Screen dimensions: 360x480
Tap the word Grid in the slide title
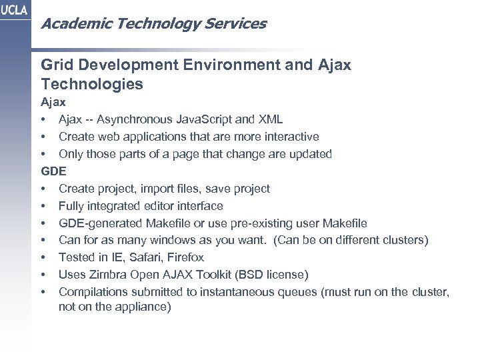(x=56, y=67)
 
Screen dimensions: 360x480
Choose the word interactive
(x=289, y=136)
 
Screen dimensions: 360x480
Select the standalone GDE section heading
(x=53, y=171)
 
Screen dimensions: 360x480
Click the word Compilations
(x=91, y=292)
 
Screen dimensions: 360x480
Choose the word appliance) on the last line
(x=145, y=307)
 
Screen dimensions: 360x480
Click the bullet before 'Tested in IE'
(x=43, y=257)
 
